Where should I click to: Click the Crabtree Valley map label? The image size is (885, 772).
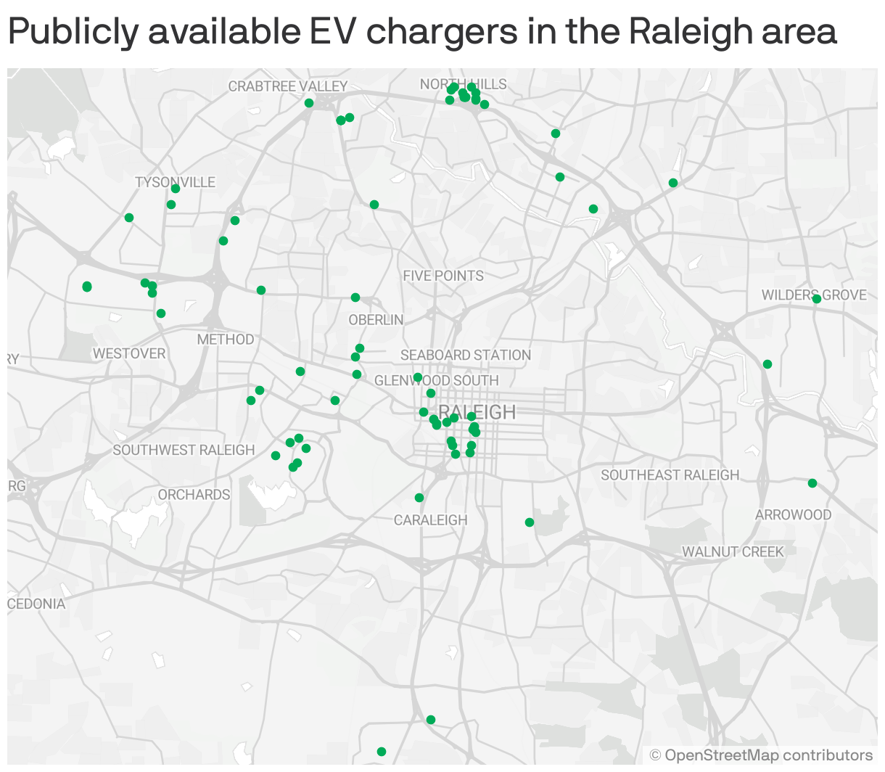click(x=288, y=86)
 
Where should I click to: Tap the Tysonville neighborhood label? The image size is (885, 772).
click(x=175, y=181)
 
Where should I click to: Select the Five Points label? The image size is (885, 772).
click(x=443, y=276)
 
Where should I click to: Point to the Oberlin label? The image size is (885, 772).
click(x=376, y=320)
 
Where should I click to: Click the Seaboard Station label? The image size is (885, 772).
click(x=466, y=355)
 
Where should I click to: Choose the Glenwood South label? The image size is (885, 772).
click(x=437, y=381)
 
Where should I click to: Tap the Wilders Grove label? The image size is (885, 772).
click(x=814, y=295)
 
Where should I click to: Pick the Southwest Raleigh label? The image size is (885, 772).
click(x=184, y=450)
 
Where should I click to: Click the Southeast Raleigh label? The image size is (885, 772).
click(x=670, y=475)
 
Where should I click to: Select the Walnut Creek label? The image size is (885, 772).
click(x=733, y=551)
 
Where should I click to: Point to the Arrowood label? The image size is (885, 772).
click(x=793, y=514)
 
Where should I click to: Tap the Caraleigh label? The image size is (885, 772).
click(x=431, y=520)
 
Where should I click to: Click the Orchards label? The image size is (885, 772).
click(x=194, y=495)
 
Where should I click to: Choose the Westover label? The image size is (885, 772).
click(x=129, y=353)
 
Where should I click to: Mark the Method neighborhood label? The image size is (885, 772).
click(x=226, y=339)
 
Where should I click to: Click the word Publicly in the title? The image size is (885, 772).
click(x=73, y=31)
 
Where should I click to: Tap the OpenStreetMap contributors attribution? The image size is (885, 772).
click(x=761, y=755)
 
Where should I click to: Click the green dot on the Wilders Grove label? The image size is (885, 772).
click(x=817, y=299)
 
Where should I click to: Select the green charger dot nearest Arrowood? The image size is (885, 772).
click(x=812, y=483)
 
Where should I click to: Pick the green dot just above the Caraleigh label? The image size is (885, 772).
click(x=419, y=498)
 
